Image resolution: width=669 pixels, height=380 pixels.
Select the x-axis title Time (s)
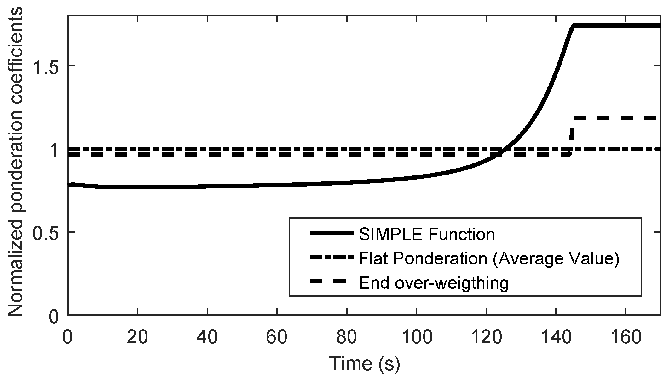[x=364, y=364]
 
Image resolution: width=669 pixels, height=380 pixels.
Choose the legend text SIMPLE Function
[x=427, y=234]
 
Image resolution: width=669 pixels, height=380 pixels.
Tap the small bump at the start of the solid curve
[x=72, y=185]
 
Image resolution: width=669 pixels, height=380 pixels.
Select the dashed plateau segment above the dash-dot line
[x=614, y=118]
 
